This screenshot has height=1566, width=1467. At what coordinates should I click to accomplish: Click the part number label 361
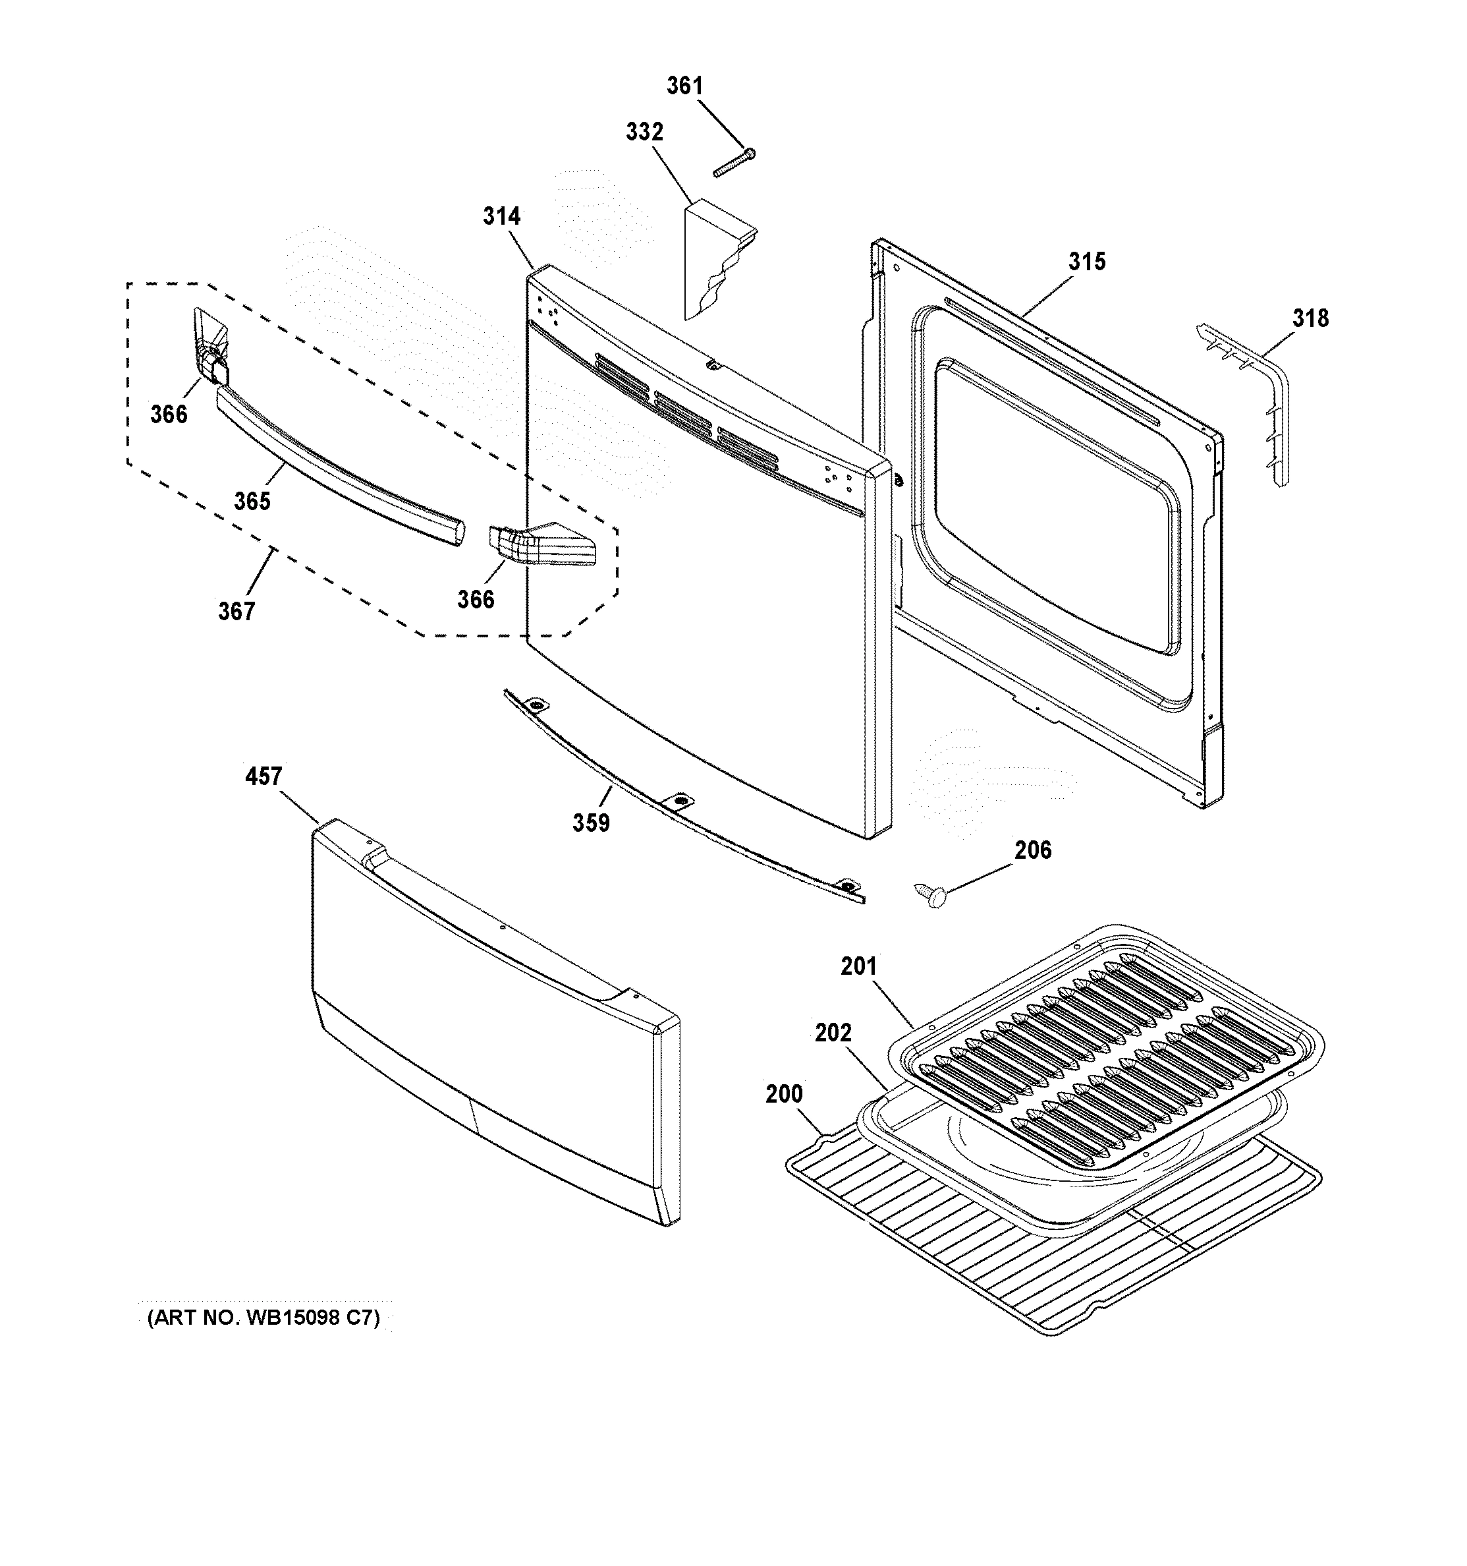point(684,86)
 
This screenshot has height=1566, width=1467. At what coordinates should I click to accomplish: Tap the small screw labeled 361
point(734,161)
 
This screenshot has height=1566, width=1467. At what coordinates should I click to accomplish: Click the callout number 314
point(501,216)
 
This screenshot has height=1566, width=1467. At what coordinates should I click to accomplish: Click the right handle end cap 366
point(543,544)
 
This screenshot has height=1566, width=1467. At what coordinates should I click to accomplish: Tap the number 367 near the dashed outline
point(236,610)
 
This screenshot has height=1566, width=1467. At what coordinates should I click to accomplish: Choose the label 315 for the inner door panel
point(1087,262)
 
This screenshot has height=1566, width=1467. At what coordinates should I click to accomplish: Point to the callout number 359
point(591,823)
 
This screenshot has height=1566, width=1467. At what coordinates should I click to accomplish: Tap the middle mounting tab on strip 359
point(677,801)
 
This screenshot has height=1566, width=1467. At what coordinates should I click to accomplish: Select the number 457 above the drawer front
point(263,776)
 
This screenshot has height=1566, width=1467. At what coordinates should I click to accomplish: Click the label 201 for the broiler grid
point(858,966)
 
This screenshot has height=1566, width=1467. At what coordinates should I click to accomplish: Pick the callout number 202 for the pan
point(833,1032)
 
